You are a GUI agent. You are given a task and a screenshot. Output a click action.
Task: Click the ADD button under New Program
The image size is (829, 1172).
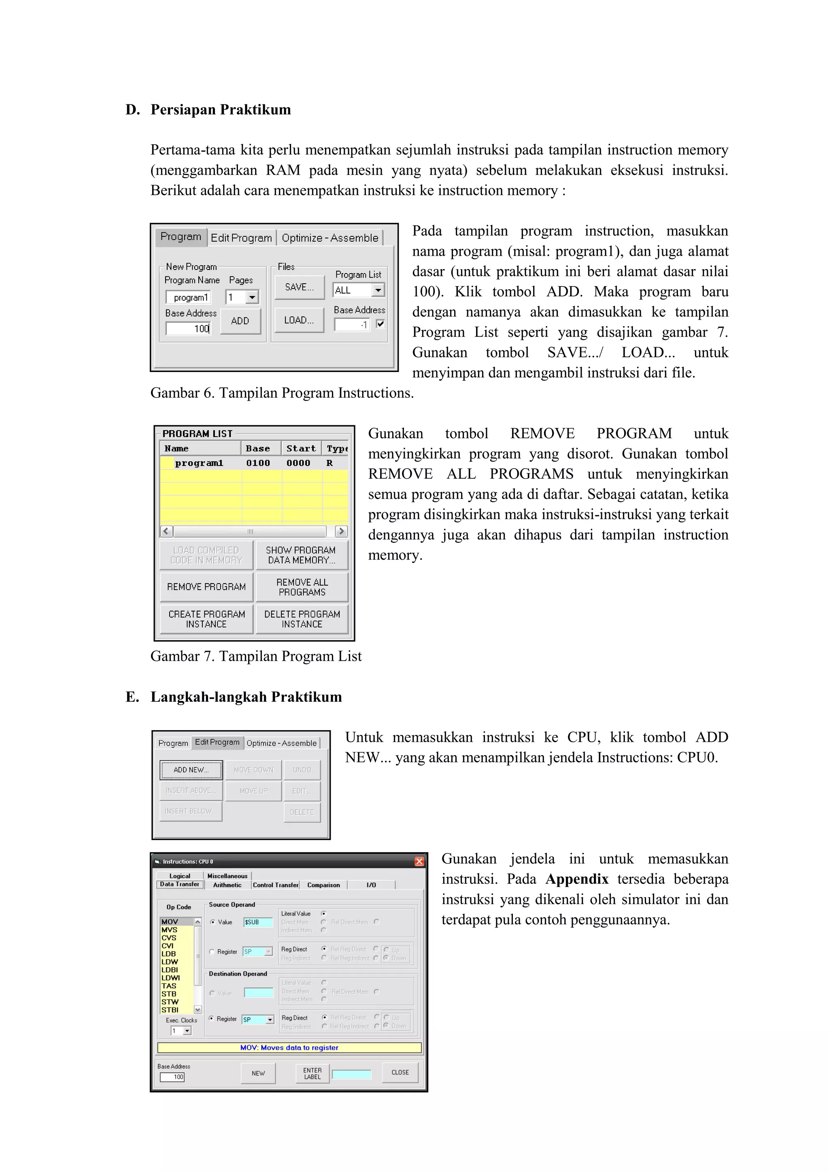[x=240, y=321]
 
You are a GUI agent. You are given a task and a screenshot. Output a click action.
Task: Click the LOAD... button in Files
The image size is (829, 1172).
[x=299, y=320]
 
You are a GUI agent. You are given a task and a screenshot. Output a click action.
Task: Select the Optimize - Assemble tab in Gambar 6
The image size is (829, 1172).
[x=330, y=238]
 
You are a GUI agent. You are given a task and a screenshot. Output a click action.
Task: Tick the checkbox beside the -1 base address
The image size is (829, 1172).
[x=380, y=324]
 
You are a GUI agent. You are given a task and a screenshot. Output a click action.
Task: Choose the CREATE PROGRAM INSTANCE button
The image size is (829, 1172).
[x=206, y=619]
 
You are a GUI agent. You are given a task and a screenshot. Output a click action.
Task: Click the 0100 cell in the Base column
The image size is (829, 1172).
[x=258, y=463]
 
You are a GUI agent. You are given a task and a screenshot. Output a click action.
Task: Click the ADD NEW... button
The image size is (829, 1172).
[x=191, y=770]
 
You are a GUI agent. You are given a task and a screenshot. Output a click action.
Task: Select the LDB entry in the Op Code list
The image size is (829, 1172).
[x=169, y=954]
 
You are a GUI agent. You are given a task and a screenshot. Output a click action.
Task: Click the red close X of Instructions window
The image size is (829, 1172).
[x=419, y=862]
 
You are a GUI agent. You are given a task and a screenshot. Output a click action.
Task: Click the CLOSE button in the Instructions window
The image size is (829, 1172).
[x=400, y=1072]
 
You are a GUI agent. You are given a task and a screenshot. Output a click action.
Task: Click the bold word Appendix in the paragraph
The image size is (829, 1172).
[x=577, y=879]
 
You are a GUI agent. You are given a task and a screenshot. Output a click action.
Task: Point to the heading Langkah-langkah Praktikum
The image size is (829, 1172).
[x=246, y=697]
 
